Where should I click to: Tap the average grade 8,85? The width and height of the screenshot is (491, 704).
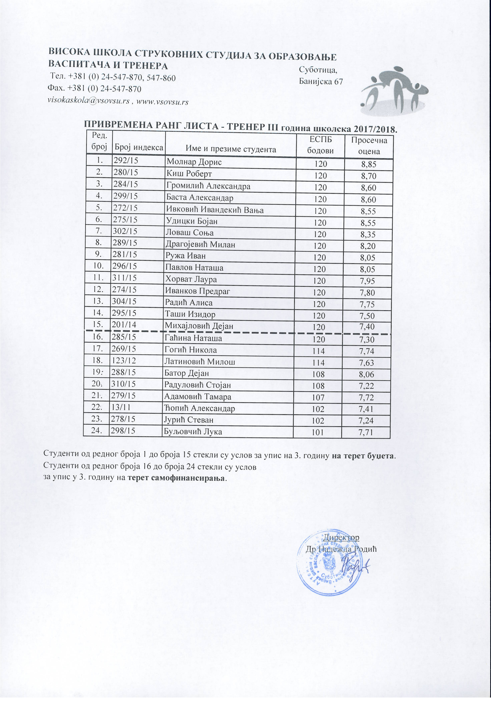click(x=368, y=165)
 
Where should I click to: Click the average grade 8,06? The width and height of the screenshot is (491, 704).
click(x=367, y=374)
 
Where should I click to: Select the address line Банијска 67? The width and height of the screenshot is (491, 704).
click(x=321, y=82)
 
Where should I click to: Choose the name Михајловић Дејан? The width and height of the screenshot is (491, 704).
click(x=199, y=326)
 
